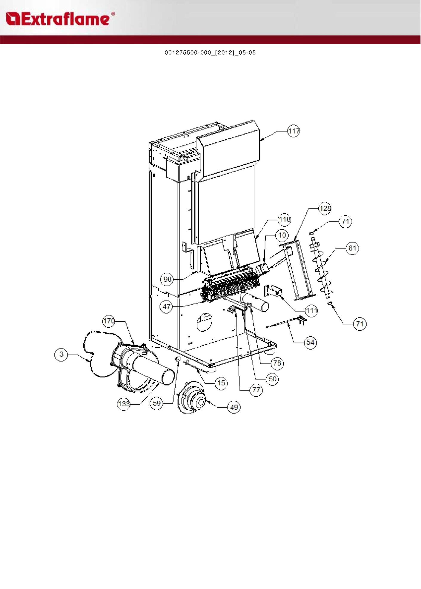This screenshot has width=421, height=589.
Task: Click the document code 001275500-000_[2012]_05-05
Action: [210, 53]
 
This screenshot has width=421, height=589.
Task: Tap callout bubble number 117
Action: [294, 131]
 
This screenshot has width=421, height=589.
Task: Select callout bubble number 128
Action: [325, 208]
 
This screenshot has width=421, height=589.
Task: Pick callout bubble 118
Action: [284, 220]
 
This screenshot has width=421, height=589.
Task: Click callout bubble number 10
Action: [282, 235]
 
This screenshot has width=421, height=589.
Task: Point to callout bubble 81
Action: [352, 248]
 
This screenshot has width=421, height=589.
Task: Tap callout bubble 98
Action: [168, 279]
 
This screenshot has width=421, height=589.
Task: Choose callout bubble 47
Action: [166, 306]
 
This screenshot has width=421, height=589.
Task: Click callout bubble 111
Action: [311, 311]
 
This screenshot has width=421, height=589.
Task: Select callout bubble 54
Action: [310, 342]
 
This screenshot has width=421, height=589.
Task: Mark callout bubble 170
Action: [109, 321]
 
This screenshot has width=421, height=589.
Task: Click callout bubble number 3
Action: [61, 354]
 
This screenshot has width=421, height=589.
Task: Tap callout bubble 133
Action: [123, 404]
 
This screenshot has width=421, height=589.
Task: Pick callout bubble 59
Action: [156, 403]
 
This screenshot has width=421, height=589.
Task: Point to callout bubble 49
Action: [234, 407]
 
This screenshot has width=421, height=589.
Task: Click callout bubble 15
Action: [221, 383]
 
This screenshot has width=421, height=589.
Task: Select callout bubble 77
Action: [256, 390]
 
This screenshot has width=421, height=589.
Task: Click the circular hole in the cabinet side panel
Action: [205, 322]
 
